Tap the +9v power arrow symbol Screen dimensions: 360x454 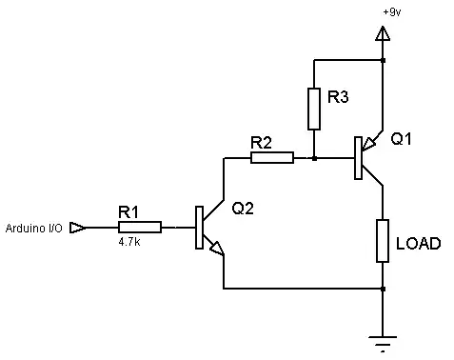(x=382, y=34)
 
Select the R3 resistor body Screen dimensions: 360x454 (x=314, y=109)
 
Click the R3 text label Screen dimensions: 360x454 (x=338, y=97)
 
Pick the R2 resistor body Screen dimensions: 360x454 (x=272, y=157)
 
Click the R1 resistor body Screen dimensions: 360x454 (x=140, y=228)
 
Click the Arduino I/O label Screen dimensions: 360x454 (x=35, y=229)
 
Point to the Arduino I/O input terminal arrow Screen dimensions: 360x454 (x=79, y=228)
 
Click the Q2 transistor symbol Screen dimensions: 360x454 (x=205, y=229)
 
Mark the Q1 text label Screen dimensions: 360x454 (x=402, y=138)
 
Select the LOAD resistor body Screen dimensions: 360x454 (x=382, y=241)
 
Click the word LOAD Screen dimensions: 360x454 (x=418, y=243)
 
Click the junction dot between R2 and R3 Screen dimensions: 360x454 (x=314, y=157)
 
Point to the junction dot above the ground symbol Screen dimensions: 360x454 (x=382, y=288)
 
